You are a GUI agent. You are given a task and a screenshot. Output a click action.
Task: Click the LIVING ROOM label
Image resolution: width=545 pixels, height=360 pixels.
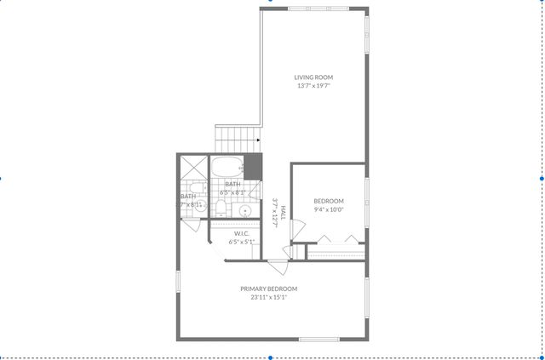tap(313, 77)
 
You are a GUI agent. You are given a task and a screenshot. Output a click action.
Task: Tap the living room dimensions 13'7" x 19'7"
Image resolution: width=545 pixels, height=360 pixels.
tap(313, 86)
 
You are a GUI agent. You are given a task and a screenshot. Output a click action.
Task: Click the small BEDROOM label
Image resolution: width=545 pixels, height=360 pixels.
tap(328, 202)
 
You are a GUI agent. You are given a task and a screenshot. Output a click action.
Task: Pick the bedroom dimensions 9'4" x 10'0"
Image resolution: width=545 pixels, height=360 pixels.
tap(328, 210)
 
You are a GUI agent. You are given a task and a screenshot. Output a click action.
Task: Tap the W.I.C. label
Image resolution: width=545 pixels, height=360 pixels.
tap(240, 233)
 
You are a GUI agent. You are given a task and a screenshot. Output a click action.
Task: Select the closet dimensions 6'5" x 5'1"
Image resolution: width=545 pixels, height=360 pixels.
tap(240, 242)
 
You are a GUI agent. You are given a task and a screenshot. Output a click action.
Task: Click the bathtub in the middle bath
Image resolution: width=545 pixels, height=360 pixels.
tap(227, 165)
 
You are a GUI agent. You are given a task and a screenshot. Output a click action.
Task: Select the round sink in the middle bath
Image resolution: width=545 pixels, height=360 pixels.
tap(244, 210)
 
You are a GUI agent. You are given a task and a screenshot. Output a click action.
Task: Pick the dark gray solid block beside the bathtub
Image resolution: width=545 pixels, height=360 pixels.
tap(253, 166)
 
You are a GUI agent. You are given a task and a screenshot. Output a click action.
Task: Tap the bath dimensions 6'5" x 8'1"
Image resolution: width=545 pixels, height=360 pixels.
tap(232, 193)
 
